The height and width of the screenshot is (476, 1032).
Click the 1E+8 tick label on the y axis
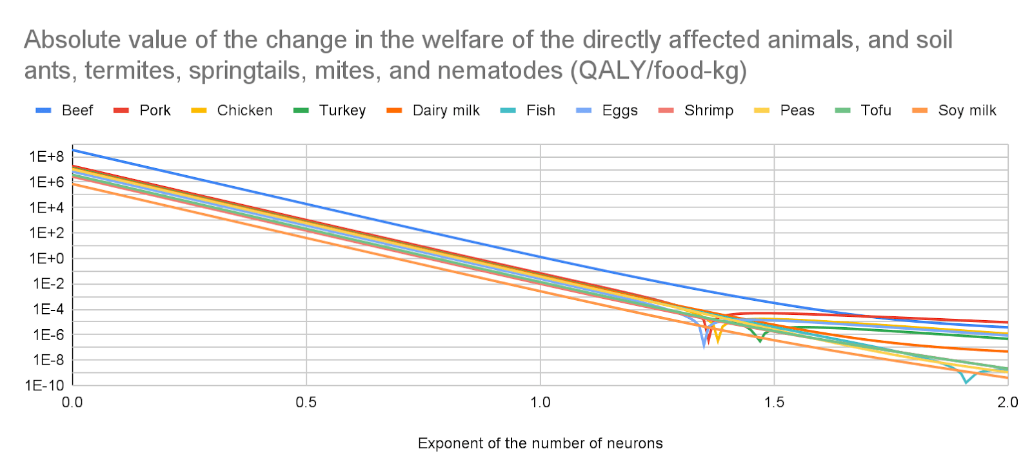tap(46, 157)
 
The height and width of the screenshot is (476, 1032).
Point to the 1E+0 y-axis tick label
tap(46, 258)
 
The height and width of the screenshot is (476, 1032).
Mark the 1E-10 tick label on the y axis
tap(45, 385)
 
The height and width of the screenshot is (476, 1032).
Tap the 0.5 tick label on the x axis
tap(306, 403)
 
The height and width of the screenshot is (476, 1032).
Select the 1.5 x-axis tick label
tap(774, 403)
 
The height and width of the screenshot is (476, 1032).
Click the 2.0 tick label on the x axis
tap(1007, 403)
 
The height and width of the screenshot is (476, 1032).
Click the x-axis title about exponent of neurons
tap(540, 443)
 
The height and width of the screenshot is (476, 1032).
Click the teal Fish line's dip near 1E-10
tap(966, 382)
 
